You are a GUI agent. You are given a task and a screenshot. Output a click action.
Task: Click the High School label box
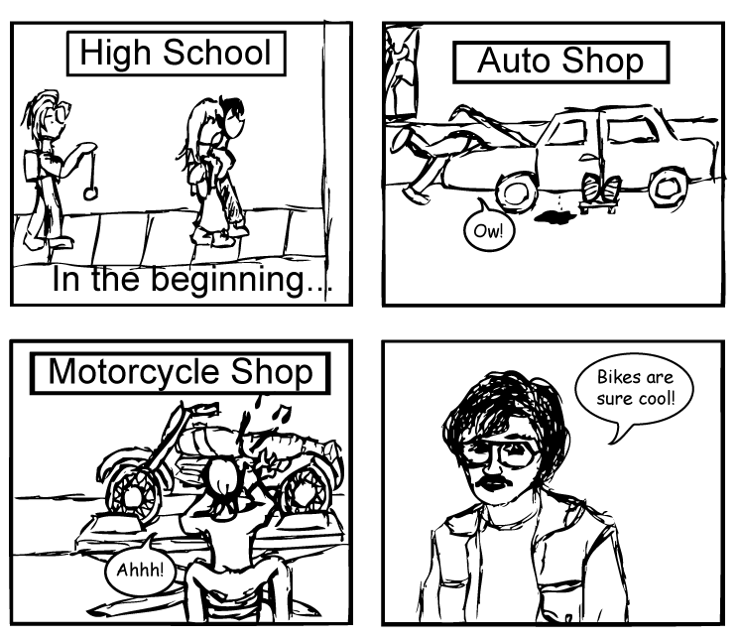pyautogui.click(x=175, y=53)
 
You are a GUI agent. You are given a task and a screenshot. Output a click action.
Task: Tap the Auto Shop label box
pyautogui.click(x=560, y=62)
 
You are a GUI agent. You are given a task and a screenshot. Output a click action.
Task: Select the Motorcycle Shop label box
pyautogui.click(x=180, y=372)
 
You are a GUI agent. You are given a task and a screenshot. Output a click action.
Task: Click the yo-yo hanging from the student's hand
pyautogui.click(x=92, y=192)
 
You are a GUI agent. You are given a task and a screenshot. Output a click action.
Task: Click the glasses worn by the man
pyautogui.click(x=501, y=453)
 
